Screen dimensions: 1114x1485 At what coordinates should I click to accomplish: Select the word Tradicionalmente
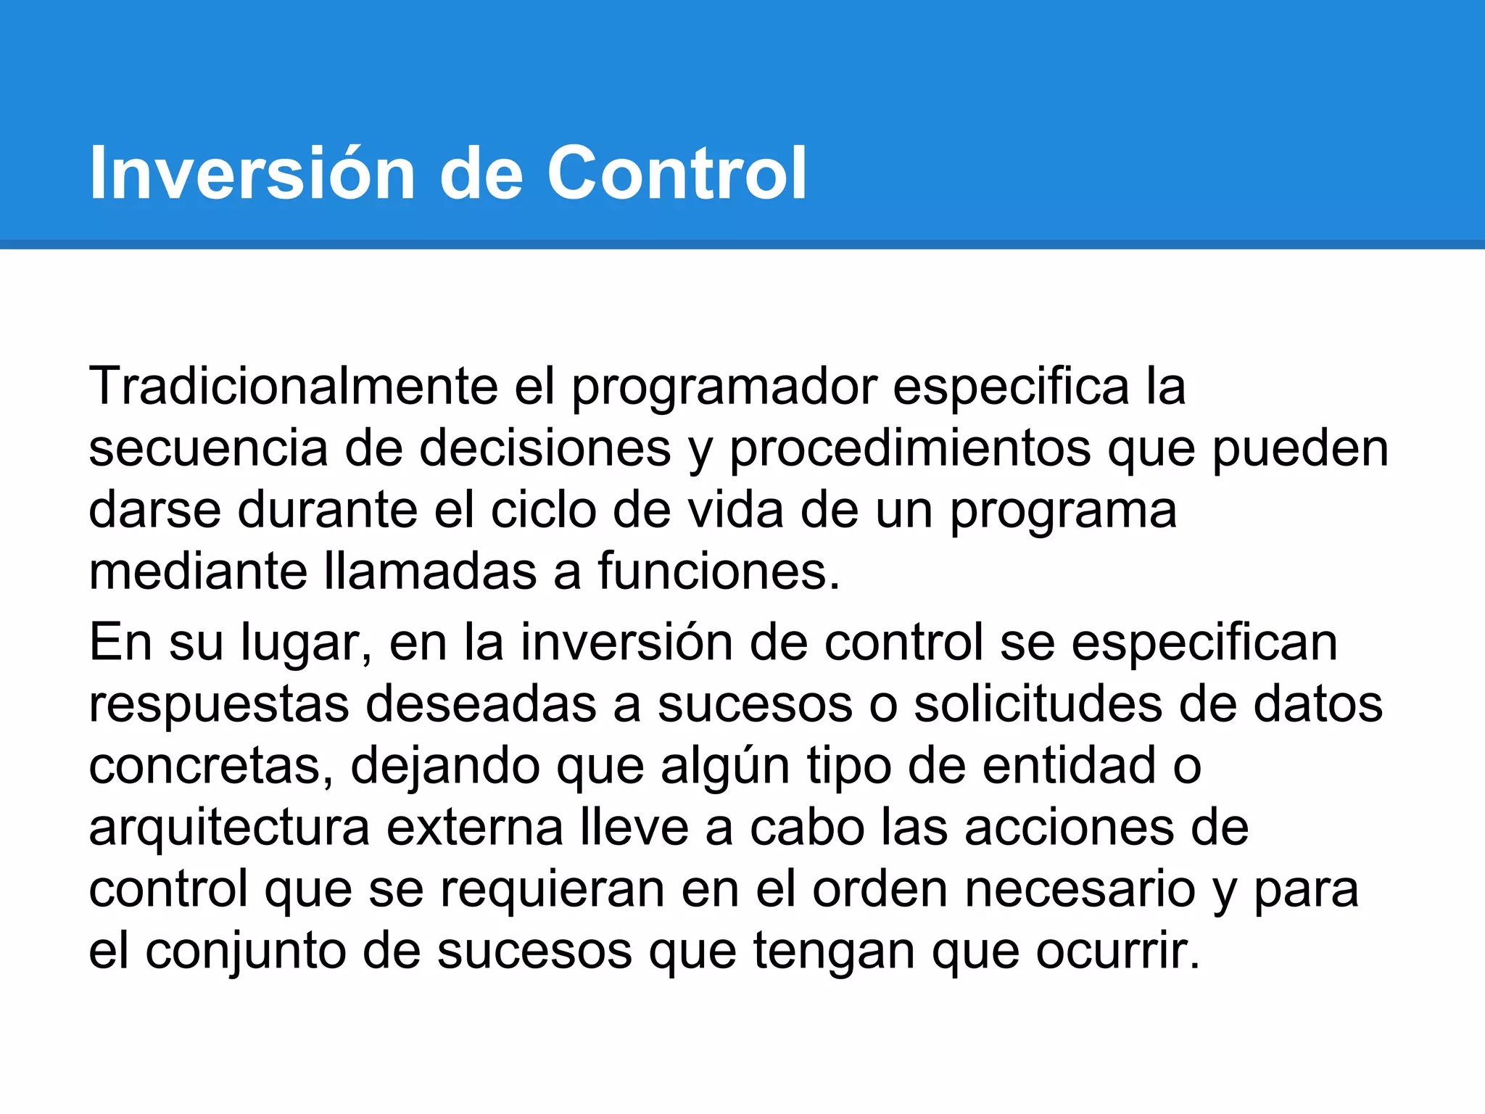(293, 386)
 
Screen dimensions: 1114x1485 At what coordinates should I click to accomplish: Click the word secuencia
(208, 448)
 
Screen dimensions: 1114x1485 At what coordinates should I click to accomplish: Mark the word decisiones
(545, 448)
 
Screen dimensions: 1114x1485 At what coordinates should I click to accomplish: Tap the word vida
(735, 510)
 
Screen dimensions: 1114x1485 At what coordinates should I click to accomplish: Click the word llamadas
(431, 572)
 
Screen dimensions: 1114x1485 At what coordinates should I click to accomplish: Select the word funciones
(718, 572)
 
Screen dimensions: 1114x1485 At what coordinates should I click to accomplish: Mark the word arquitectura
(229, 829)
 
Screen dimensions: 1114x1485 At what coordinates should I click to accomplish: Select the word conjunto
(245, 952)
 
